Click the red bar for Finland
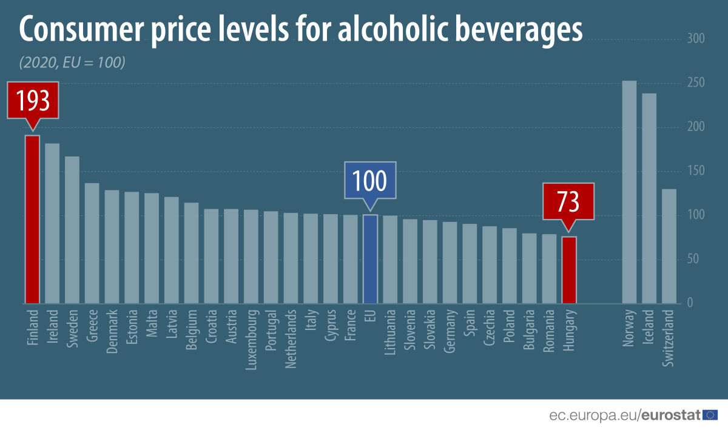(x=32, y=220)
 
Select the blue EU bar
(x=370, y=259)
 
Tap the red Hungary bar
(x=568, y=270)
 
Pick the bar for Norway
(x=629, y=192)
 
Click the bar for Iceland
(x=649, y=198)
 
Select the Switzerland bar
(x=669, y=246)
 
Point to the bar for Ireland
(x=52, y=224)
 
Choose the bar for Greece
(x=92, y=243)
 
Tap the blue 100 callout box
(x=370, y=180)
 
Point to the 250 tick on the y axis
(x=695, y=84)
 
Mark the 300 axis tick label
(x=695, y=39)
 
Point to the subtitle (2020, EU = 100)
(x=72, y=62)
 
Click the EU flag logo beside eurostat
(x=710, y=415)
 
